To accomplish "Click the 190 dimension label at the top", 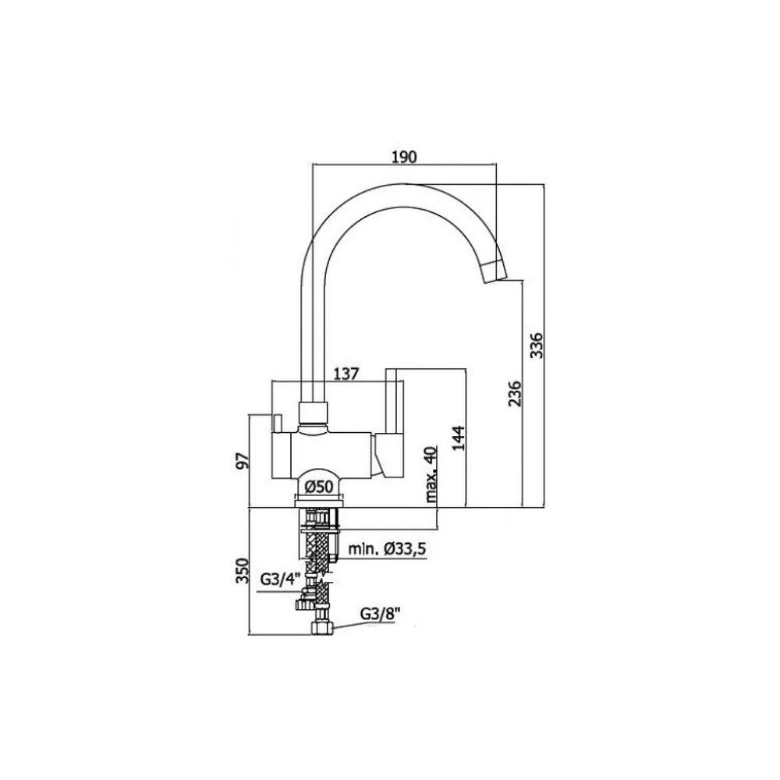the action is [404, 157].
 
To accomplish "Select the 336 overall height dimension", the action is [537, 345].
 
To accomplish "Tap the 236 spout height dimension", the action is [515, 393].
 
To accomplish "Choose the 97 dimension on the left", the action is [243, 461].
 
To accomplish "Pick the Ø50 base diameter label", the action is [318, 486].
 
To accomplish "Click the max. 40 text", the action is [431, 474].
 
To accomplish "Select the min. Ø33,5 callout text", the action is [387, 549].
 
